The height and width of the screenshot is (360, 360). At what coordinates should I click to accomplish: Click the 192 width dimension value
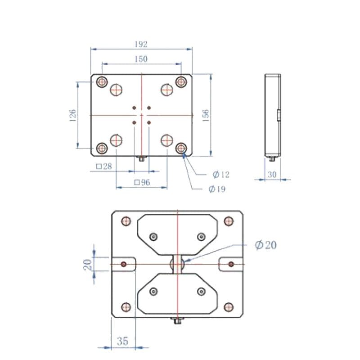click(x=141, y=44)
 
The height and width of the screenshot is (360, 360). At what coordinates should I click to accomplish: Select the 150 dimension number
click(x=141, y=59)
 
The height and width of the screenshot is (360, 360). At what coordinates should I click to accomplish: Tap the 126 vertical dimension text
click(x=72, y=115)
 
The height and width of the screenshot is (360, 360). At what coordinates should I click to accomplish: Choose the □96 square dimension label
click(x=142, y=183)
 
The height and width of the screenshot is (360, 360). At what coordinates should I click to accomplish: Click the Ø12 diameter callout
click(x=221, y=174)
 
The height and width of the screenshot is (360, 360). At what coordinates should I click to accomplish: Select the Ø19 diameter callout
click(x=217, y=189)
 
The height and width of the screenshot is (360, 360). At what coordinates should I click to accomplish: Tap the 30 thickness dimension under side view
click(x=272, y=174)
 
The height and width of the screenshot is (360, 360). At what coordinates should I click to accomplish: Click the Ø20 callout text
click(x=265, y=245)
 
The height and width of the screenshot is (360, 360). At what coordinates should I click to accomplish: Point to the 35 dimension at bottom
click(x=122, y=341)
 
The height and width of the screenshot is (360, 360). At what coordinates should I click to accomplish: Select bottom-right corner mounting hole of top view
click(x=181, y=148)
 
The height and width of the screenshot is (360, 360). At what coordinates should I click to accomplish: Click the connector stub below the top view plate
click(x=142, y=158)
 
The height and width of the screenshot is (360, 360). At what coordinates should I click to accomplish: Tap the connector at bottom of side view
click(x=272, y=158)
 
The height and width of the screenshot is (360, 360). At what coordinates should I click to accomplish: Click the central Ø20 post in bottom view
click(x=178, y=264)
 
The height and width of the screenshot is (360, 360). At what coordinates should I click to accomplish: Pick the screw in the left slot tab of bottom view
click(x=124, y=264)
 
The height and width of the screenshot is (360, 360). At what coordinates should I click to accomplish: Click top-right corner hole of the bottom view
click(x=229, y=221)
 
